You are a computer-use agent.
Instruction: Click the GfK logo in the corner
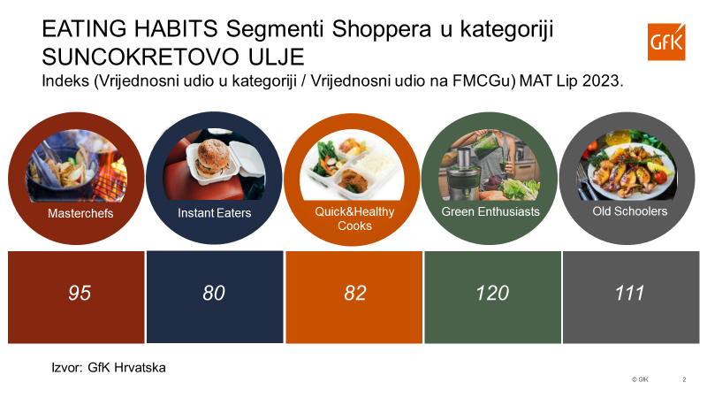tap(666, 42)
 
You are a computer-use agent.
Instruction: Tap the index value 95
tap(80, 294)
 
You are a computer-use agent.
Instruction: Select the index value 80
tap(214, 294)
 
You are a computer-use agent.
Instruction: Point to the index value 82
tap(355, 294)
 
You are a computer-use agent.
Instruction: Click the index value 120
tap(492, 294)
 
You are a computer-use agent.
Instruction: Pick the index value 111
tap(630, 294)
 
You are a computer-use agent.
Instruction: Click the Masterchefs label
tap(80, 213)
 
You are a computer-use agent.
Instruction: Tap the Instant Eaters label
tap(214, 213)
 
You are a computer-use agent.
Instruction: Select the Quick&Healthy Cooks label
tap(354, 218)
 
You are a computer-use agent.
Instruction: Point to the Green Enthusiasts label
tap(490, 211)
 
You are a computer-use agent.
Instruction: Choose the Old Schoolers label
tap(630, 211)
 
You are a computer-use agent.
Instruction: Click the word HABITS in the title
tap(176, 29)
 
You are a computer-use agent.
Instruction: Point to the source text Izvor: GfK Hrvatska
tap(109, 368)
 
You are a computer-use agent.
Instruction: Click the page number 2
tap(684, 379)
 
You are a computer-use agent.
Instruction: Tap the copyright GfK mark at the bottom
tap(640, 379)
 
